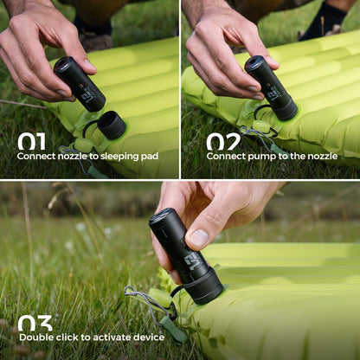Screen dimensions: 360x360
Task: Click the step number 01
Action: (x=31, y=141)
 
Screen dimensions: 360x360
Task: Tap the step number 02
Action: (x=223, y=141)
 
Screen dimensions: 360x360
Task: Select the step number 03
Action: (x=35, y=323)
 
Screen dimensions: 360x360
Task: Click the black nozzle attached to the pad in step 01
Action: (x=112, y=125)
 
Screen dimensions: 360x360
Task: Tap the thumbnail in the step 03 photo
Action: (x=199, y=238)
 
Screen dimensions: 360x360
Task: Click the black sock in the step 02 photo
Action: (x=323, y=21)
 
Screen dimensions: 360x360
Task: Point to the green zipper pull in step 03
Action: (x=173, y=329)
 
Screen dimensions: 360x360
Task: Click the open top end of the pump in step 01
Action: (x=62, y=64)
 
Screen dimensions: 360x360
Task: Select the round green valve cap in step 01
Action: (x=84, y=145)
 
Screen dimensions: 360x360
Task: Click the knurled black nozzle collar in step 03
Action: (x=204, y=288)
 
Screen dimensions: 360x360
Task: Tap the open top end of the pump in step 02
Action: (x=254, y=64)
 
